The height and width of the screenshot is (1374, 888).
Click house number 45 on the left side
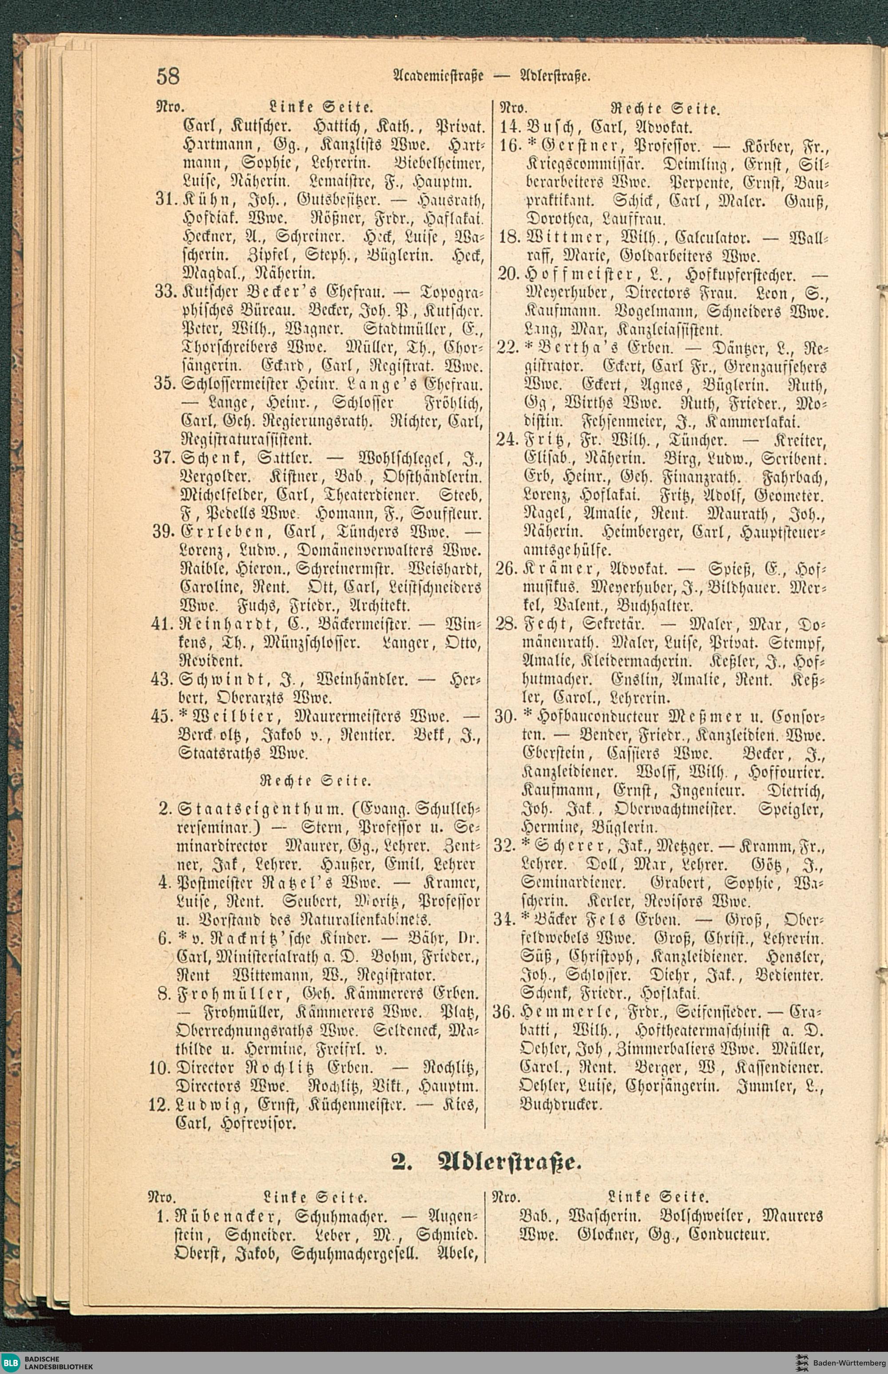162,717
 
